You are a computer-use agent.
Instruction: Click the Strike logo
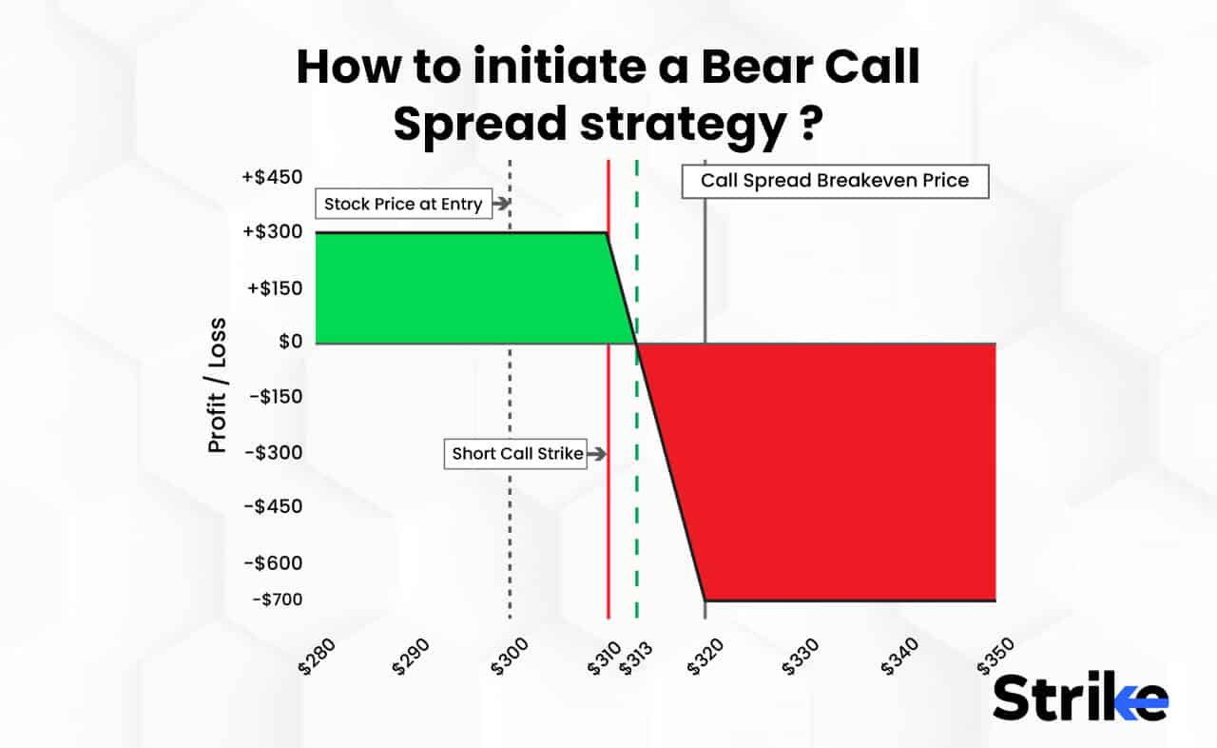pyautogui.click(x=1080, y=699)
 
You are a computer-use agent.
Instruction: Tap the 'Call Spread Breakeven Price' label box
pyautogui.click(x=835, y=181)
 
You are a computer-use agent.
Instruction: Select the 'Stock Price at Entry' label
pyautogui.click(x=404, y=204)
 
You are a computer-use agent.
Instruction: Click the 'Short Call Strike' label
pyautogui.click(x=517, y=454)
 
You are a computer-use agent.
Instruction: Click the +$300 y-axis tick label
pyautogui.click(x=274, y=232)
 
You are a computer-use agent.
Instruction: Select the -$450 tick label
pyautogui.click(x=275, y=506)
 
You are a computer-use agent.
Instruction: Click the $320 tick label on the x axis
pyautogui.click(x=705, y=656)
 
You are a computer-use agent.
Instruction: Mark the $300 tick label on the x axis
pyautogui.click(x=511, y=656)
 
